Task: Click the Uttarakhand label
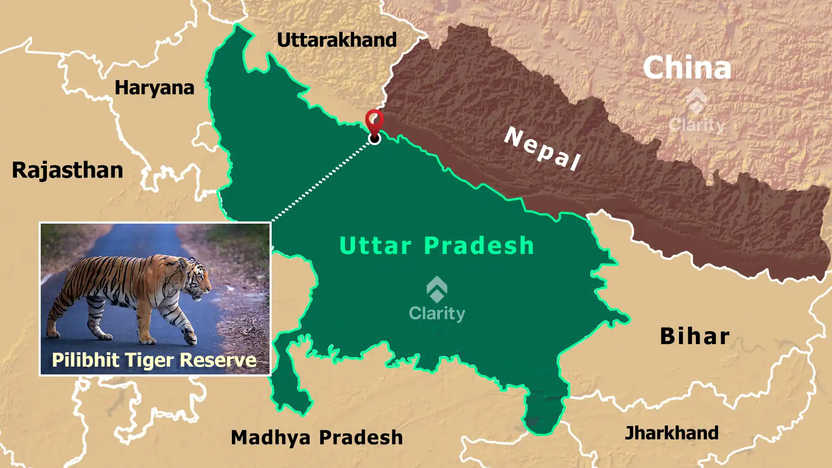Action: (337, 40)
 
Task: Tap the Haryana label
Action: (154, 88)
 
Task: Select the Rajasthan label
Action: (67, 170)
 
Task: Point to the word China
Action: (687, 68)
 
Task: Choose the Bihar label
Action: (695, 336)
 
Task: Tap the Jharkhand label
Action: (671, 433)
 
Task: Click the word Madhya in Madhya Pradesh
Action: (270, 438)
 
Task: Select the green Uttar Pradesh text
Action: (436, 246)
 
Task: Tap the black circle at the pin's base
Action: (374, 139)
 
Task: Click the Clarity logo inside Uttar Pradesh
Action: (437, 299)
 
